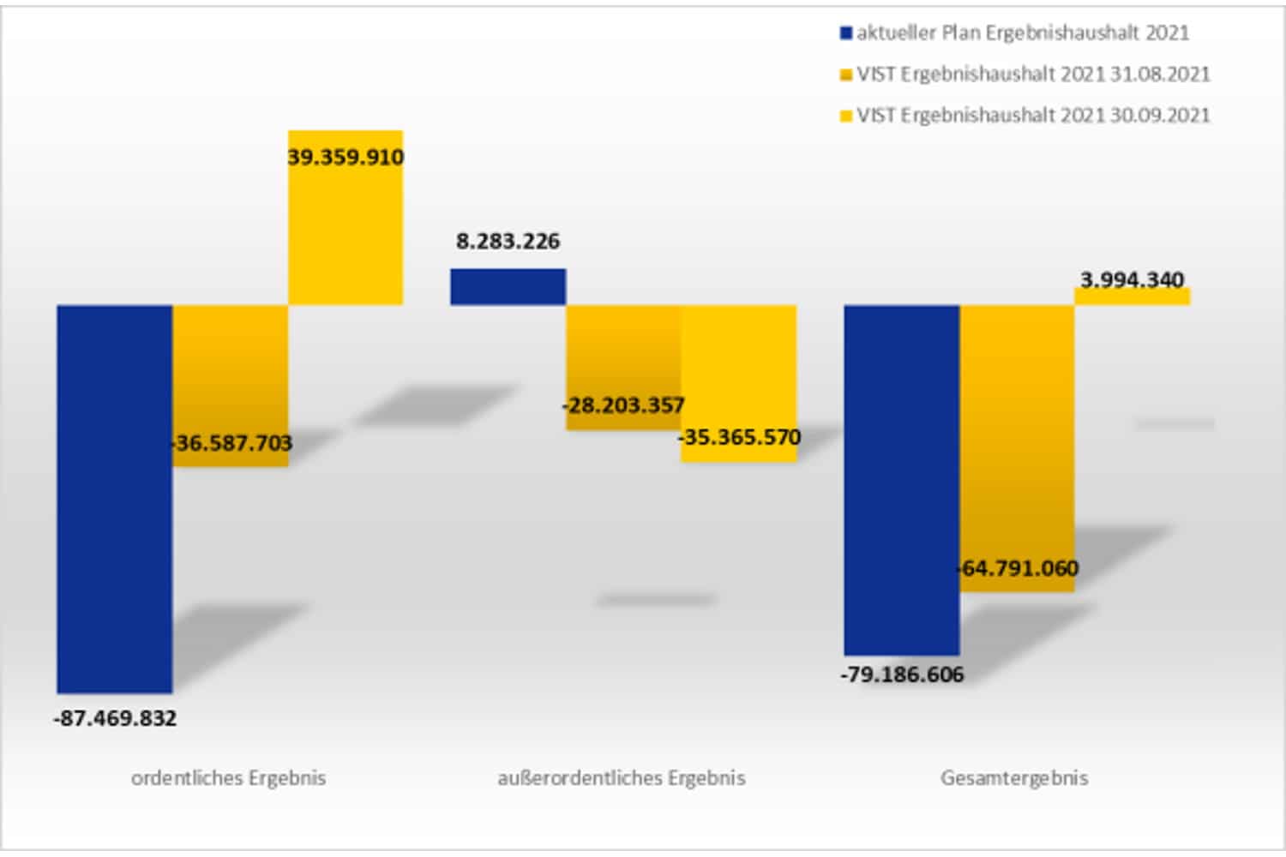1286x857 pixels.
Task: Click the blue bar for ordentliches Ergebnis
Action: coord(115,497)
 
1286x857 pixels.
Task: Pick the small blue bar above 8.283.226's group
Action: coord(508,287)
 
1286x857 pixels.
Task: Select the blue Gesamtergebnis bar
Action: coord(901,480)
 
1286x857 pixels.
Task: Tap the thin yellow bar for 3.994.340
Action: coord(1132,297)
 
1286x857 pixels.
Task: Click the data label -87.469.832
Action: coord(115,718)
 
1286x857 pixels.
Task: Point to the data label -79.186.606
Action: coord(902,674)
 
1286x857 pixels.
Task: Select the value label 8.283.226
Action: coord(508,242)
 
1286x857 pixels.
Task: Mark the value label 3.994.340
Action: coord(1132,279)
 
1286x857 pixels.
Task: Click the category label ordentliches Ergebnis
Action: coord(228,778)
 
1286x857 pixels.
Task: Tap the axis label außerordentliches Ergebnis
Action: coord(621,778)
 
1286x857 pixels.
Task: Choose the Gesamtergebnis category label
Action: coord(1014,778)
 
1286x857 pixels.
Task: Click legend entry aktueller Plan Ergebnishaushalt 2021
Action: coord(1022,33)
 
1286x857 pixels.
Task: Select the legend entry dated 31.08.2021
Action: coord(1032,75)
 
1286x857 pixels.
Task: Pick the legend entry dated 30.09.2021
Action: coord(1032,116)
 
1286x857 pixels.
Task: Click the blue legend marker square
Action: coord(846,33)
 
